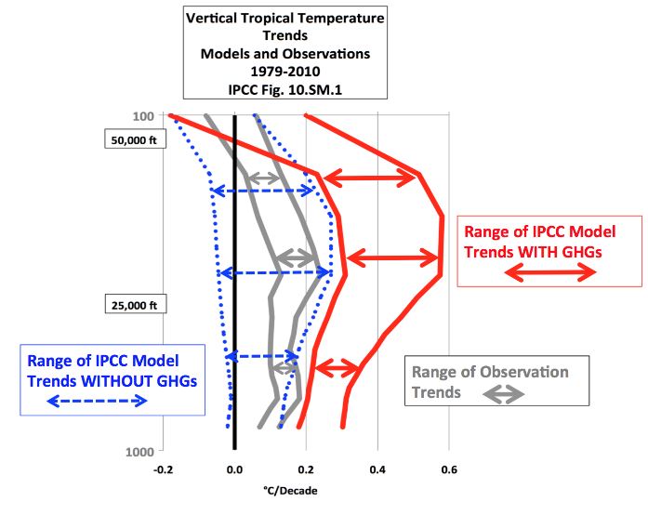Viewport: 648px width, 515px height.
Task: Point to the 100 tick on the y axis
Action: (x=149, y=116)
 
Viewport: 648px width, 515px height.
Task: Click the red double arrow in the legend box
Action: (x=550, y=272)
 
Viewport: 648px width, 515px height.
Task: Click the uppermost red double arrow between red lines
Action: (x=370, y=177)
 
